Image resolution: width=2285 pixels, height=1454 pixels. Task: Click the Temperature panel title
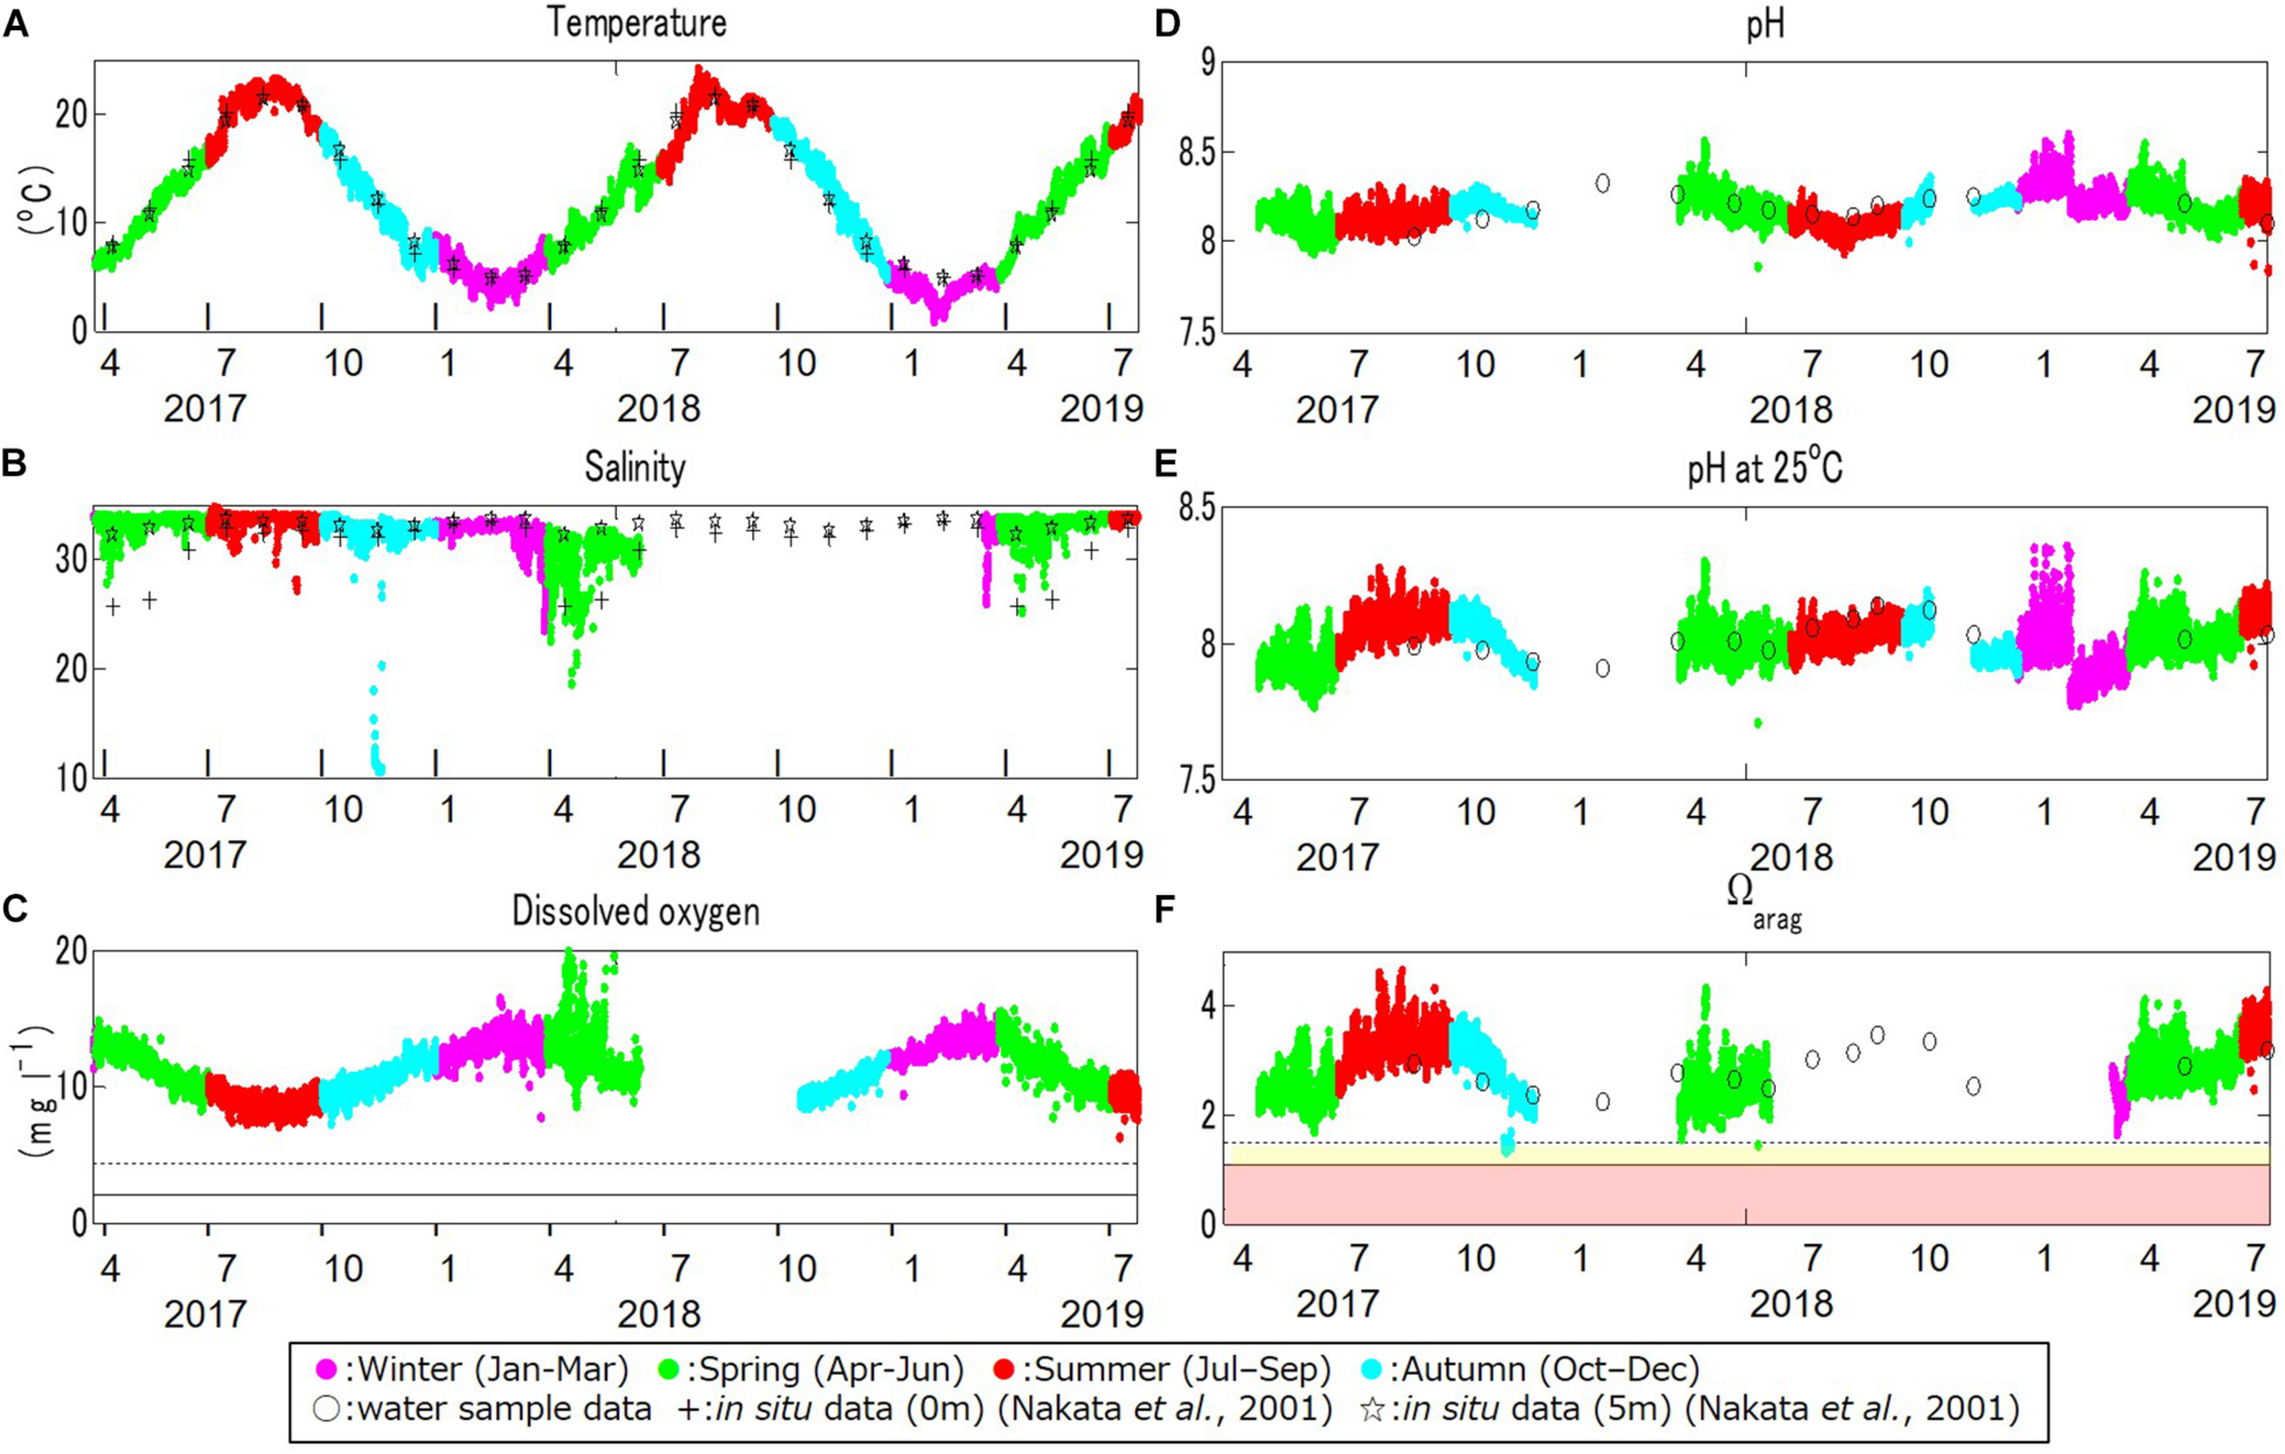click(x=636, y=23)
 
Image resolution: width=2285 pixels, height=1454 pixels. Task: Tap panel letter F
click(x=1165, y=910)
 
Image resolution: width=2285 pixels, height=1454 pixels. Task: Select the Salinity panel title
click(x=634, y=468)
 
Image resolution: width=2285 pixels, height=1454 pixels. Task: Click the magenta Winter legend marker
click(x=326, y=1370)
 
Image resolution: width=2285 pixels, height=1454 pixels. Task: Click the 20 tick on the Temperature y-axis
click(x=71, y=115)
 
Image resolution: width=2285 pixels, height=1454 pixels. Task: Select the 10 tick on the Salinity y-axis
click(x=71, y=779)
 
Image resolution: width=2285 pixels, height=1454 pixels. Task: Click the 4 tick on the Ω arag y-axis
click(x=1207, y=1006)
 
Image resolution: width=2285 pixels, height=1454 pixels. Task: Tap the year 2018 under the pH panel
click(x=1791, y=411)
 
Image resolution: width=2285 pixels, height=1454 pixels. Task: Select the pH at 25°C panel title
click(x=1765, y=468)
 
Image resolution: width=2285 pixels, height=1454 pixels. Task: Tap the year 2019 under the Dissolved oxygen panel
click(x=1100, y=1314)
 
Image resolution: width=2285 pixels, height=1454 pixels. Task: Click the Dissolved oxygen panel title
click(x=636, y=911)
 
